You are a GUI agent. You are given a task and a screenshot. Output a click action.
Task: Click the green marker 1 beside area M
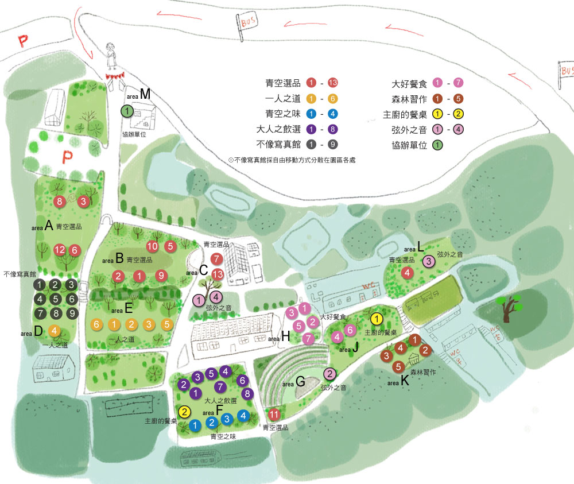(127, 111)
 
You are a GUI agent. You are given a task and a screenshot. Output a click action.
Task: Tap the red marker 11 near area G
(274, 415)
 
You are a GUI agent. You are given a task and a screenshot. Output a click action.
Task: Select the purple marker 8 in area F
(247, 393)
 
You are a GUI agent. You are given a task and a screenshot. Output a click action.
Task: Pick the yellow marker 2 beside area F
(184, 412)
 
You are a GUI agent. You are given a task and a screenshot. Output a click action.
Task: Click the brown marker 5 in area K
(398, 366)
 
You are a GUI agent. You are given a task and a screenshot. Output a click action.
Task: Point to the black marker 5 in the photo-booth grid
(56, 299)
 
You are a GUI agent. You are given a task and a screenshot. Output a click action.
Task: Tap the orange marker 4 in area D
(54, 331)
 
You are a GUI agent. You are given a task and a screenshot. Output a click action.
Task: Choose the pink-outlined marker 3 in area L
(429, 261)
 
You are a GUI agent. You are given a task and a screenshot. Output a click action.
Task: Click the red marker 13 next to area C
(218, 274)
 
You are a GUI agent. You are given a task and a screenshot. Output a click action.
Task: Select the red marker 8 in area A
(59, 201)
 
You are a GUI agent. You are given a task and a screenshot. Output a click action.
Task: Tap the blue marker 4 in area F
(243, 416)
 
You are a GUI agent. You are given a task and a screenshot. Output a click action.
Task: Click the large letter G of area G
(300, 381)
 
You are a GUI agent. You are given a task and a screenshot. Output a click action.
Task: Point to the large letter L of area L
(420, 246)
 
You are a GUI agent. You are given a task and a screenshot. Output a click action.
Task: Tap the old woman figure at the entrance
(111, 56)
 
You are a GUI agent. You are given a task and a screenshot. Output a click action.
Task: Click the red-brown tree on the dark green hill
(508, 307)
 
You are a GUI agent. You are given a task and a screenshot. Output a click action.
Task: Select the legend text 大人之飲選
(278, 129)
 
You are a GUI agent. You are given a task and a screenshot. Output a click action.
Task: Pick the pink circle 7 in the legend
(458, 83)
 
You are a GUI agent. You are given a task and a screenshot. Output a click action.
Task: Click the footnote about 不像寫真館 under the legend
(292, 160)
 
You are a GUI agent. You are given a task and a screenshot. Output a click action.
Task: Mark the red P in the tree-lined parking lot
(67, 157)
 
